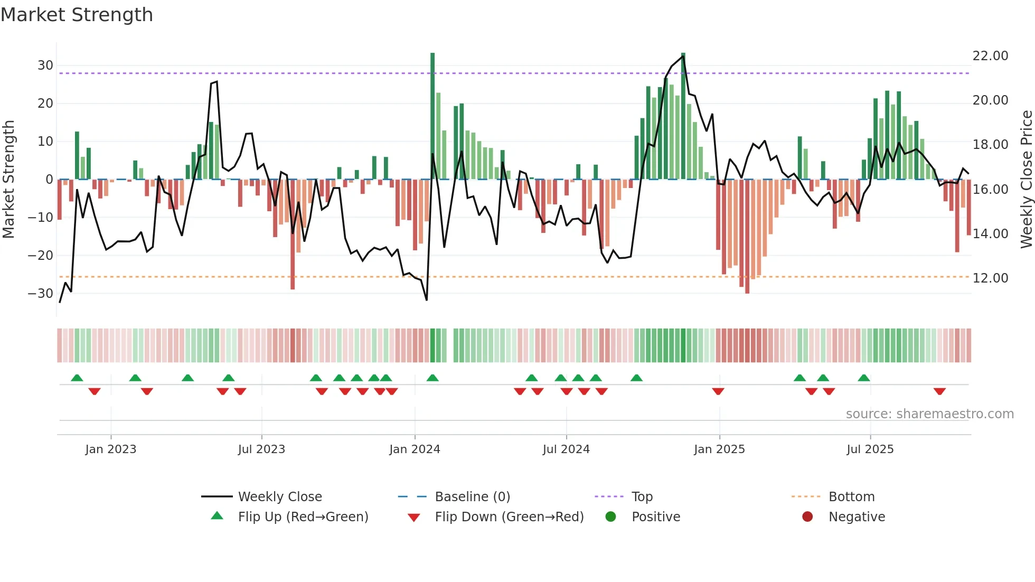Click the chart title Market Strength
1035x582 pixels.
[77, 15]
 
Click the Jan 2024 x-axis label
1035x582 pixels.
[415, 449]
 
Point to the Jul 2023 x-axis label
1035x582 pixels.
[261, 449]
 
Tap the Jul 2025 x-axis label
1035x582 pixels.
[870, 449]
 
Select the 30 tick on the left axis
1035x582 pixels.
[45, 65]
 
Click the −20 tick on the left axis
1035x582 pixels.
[41, 256]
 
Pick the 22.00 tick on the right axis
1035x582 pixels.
[990, 56]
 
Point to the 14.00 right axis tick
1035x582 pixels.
[990, 233]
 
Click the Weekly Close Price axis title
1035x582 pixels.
[1026, 180]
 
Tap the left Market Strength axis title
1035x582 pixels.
[9, 180]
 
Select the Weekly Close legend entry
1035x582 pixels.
[279, 497]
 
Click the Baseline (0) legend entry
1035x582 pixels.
[472, 497]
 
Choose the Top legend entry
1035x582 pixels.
[642, 497]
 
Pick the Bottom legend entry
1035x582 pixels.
[851, 497]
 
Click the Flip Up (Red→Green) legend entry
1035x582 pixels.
[303, 517]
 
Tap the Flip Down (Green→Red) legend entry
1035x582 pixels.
[509, 517]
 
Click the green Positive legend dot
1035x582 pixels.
[610, 517]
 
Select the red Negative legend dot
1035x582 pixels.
[807, 517]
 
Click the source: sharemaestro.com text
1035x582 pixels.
[929, 414]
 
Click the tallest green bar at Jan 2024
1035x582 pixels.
[432, 116]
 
